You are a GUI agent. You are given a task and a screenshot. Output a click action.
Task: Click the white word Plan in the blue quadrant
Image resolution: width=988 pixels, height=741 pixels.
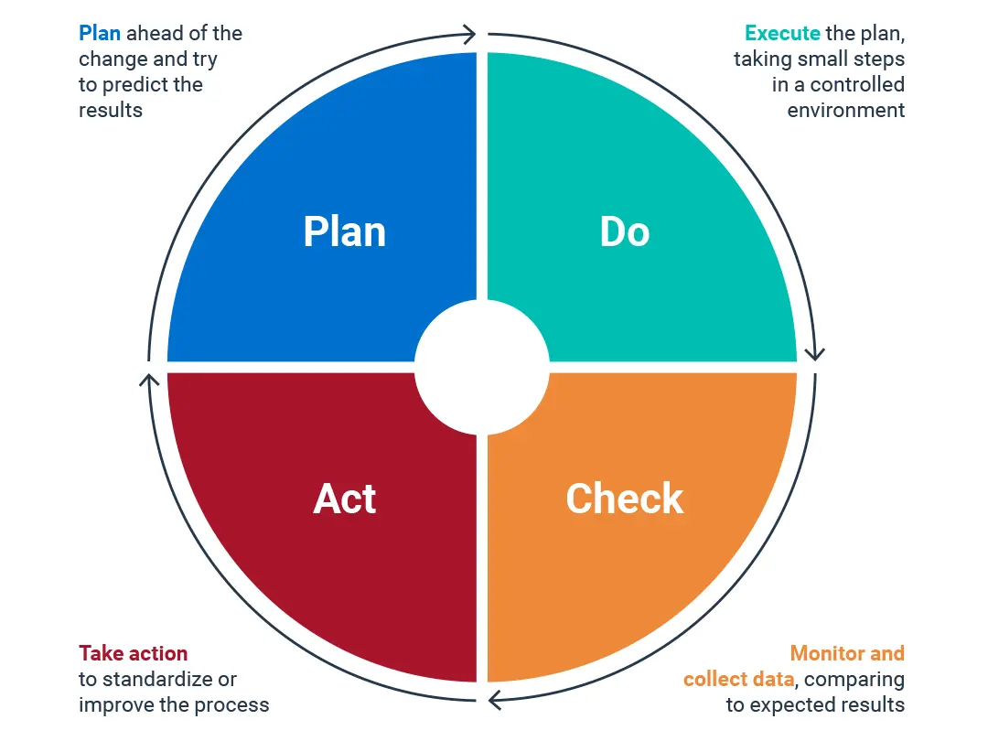[345, 231]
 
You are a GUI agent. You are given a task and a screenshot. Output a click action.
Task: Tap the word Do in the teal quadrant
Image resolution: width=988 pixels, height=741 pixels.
[625, 231]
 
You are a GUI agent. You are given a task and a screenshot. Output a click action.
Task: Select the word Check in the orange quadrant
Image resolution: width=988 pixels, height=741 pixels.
[625, 499]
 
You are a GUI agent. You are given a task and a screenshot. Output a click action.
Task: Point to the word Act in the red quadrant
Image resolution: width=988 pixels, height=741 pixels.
[345, 499]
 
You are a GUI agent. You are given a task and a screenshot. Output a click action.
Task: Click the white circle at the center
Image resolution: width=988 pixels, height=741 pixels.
[482, 368]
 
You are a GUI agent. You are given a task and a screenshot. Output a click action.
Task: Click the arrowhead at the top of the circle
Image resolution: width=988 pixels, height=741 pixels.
[468, 34]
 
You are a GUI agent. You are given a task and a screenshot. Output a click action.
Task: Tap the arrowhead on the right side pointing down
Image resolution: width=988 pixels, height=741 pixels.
[815, 353]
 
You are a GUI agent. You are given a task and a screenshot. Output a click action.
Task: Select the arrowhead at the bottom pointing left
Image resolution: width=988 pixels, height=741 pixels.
[495, 700]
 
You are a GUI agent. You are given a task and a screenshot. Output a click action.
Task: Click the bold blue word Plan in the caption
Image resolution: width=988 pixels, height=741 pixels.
[100, 33]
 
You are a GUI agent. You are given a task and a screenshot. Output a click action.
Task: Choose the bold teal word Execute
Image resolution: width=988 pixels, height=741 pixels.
[782, 33]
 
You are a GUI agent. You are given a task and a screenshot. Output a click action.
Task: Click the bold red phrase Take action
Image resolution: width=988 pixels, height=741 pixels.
[133, 653]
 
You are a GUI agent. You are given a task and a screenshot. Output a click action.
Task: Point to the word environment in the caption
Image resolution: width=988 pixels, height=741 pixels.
[845, 111]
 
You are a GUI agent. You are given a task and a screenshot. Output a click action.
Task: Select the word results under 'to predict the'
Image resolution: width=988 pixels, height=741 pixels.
[111, 111]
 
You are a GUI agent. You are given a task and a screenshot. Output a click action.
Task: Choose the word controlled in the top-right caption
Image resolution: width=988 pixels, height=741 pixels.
[857, 84]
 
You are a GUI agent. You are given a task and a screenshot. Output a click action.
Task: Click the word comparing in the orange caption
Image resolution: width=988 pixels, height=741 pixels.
[854, 679]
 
